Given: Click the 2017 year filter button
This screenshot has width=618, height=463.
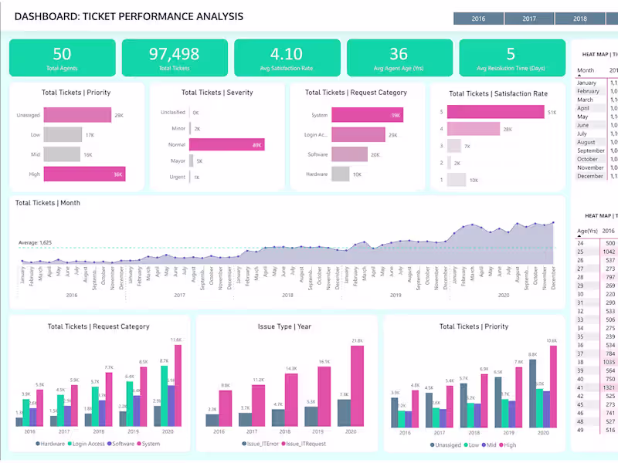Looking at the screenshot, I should pyautogui.click(x=529, y=19).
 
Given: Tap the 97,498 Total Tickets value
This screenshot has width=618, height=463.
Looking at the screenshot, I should pyautogui.click(x=174, y=54).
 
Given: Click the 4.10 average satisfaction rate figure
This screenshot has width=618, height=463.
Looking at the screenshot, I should pyautogui.click(x=286, y=54).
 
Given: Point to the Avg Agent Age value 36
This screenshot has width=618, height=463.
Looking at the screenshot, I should pyautogui.click(x=399, y=54).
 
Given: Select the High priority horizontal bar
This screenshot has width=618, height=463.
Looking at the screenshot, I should pyautogui.click(x=83, y=174).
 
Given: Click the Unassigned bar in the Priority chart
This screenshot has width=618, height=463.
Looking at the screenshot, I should pyautogui.click(x=78, y=115).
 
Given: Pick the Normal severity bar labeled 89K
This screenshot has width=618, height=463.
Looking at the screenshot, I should pyautogui.click(x=226, y=144).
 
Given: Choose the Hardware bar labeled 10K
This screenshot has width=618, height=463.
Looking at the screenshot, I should pyautogui.click(x=340, y=174).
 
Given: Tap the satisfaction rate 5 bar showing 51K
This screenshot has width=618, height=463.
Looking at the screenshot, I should pyautogui.click(x=495, y=112).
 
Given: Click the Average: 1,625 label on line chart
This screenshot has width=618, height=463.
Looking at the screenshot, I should pyautogui.click(x=35, y=243).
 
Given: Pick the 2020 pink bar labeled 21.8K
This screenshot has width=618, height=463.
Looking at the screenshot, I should pyautogui.click(x=357, y=386).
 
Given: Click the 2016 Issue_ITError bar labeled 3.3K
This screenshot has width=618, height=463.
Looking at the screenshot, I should pyautogui.click(x=212, y=420).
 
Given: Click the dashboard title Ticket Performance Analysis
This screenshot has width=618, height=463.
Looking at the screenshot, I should pyautogui.click(x=129, y=16).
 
